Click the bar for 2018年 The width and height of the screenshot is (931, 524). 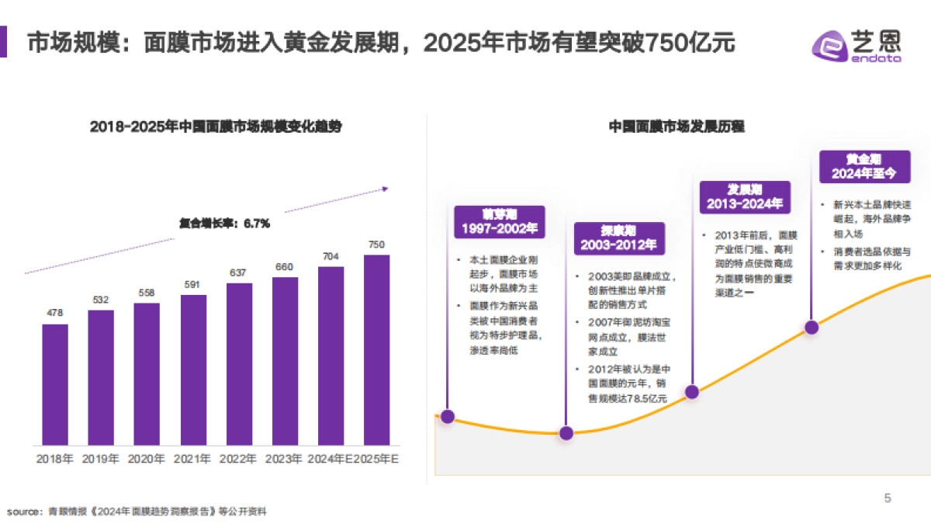click(55, 384)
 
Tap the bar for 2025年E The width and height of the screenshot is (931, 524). click(376, 349)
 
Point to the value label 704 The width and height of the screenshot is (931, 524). click(331, 256)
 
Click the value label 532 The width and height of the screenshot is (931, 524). click(101, 300)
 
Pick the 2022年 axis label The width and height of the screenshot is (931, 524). click(239, 459)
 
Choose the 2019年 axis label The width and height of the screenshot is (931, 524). click(101, 459)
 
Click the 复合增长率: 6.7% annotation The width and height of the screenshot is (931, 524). click(224, 224)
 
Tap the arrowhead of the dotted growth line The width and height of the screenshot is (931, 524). click(386, 188)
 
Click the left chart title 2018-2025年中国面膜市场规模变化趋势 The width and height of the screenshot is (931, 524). click(216, 127)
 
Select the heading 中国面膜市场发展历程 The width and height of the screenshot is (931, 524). click(676, 127)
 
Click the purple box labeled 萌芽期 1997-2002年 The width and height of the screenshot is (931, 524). click(499, 221)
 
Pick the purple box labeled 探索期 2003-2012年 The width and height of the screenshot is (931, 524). click(618, 238)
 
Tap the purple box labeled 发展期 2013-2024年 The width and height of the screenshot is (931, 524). click(744, 197)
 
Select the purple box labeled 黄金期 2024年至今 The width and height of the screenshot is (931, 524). click(864, 166)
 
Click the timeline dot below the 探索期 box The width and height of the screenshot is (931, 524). click(566, 433)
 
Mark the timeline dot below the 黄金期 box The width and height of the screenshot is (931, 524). click(812, 328)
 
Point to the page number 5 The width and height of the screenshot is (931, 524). click(888, 498)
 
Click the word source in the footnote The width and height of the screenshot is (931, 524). click(22, 512)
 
